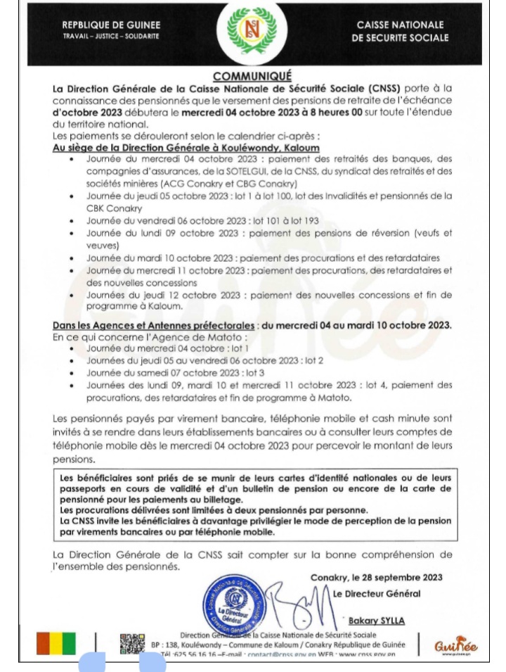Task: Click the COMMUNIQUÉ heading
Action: (x=252, y=76)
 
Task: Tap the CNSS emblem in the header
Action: (x=252, y=31)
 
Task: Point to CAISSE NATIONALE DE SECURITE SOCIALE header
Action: (x=400, y=31)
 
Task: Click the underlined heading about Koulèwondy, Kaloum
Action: (x=186, y=149)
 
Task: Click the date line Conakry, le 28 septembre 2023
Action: (x=376, y=578)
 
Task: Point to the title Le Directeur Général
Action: (x=377, y=594)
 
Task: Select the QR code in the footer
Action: (x=132, y=644)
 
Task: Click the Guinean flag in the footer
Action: (x=56, y=644)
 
